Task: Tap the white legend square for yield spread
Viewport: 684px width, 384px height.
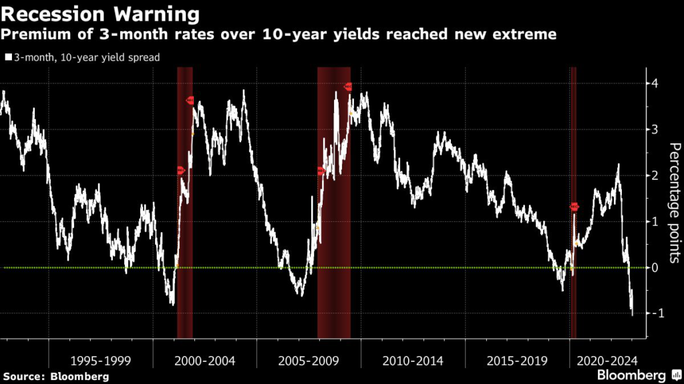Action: coord(8,58)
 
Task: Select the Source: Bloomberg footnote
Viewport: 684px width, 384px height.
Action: coord(55,377)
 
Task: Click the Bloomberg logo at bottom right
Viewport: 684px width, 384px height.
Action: coord(632,375)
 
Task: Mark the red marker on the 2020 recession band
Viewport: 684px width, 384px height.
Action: coord(574,207)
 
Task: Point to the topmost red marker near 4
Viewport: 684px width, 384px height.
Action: coord(348,87)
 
